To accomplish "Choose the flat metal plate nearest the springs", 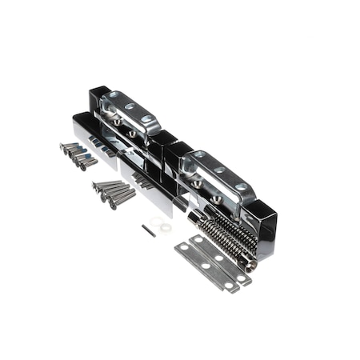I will click(221, 256).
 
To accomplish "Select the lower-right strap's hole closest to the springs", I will click(241, 187).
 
